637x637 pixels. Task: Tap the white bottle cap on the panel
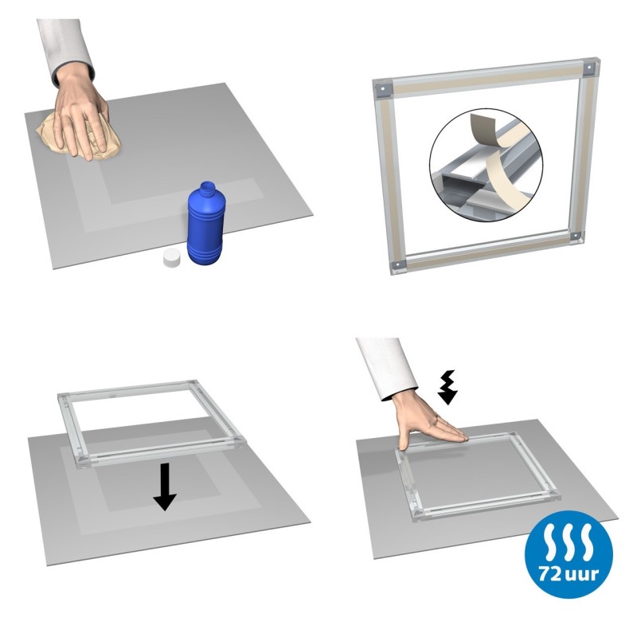[170, 258]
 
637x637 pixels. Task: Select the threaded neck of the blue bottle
[209, 191]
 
